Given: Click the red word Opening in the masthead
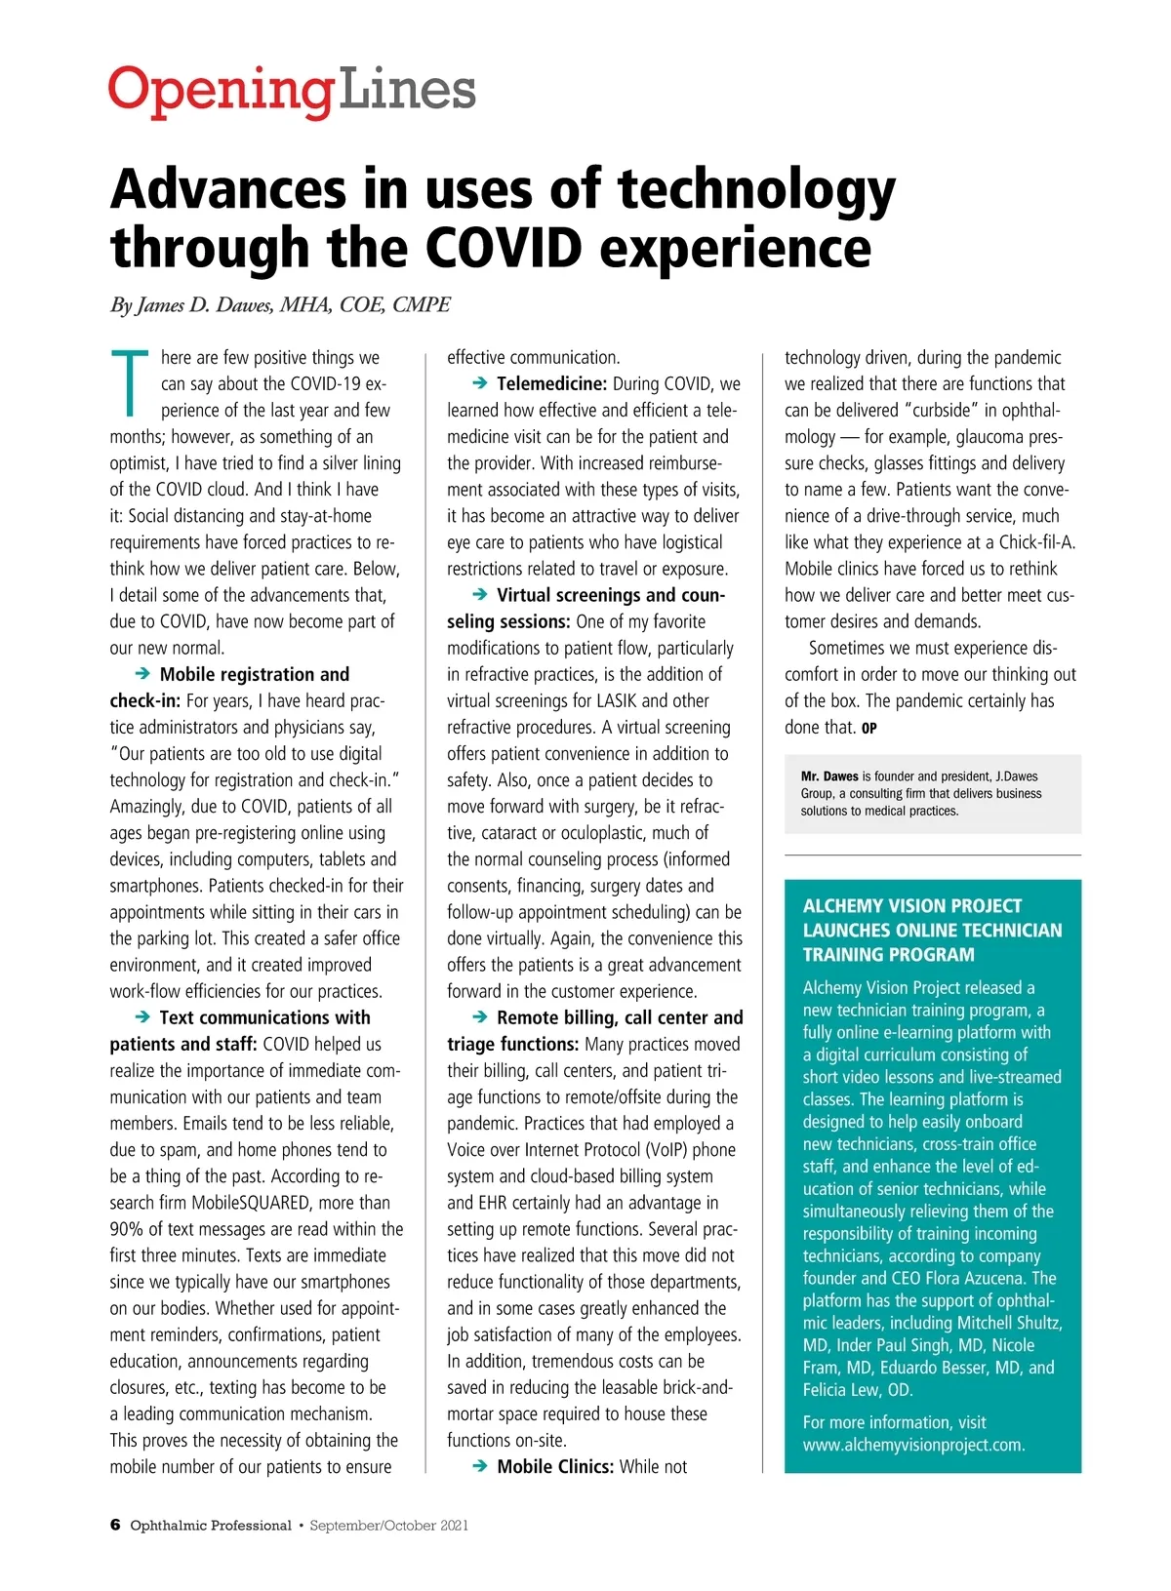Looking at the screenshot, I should coord(220,92).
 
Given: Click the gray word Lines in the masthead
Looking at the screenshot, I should coord(406,90).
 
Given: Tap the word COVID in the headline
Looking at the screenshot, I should coord(507,248).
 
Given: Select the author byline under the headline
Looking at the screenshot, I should coord(280,305).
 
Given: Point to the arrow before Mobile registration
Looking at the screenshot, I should coord(142,673).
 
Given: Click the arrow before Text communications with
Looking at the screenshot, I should coord(142,1016).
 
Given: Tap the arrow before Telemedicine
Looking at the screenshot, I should coord(479,383).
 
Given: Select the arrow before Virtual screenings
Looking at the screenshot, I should coord(479,594).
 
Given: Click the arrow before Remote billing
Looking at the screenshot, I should coord(479,1016).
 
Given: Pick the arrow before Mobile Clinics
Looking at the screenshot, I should coord(479,1465).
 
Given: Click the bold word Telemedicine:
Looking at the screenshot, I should coord(551,383).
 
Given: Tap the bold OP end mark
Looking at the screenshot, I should coord(869,729).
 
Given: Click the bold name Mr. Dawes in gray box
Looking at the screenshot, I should coord(829,776).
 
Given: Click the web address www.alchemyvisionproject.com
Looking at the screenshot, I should coord(913,1445).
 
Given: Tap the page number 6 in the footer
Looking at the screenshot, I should coord(115,1525).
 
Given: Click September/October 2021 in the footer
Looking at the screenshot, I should coord(388,1526).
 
